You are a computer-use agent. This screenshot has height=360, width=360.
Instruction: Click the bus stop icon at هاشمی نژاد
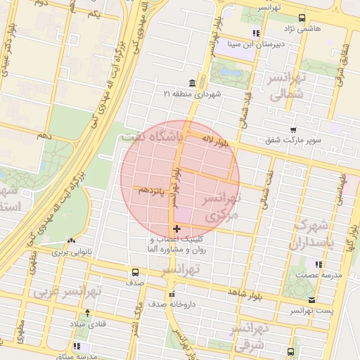[x=302, y=18]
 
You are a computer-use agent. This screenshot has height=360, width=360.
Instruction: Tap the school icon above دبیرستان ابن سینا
[x=257, y=33]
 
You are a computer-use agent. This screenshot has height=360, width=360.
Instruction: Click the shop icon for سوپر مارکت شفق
[x=293, y=129]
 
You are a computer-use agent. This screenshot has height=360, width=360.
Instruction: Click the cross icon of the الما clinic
[x=176, y=229]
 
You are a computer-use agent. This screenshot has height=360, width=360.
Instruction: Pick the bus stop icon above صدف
[x=135, y=272]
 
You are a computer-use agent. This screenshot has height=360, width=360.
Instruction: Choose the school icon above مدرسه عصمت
[x=319, y=265]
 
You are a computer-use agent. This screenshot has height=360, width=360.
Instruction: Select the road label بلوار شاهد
[x=244, y=291]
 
